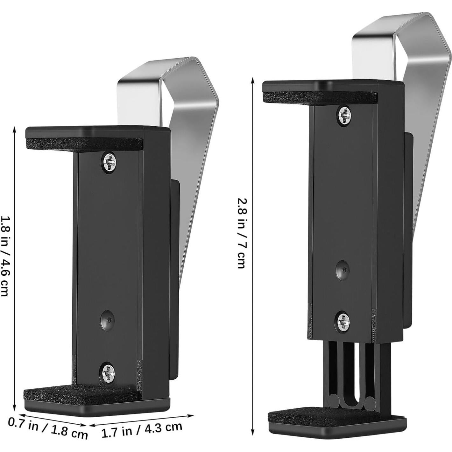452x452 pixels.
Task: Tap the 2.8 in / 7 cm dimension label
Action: [242, 233]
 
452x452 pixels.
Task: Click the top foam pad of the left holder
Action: [84, 144]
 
